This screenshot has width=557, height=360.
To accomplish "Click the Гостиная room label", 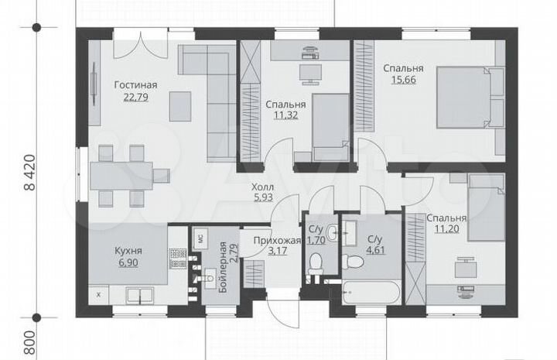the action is click(x=135, y=85).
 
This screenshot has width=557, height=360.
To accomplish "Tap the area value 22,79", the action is click(x=135, y=97).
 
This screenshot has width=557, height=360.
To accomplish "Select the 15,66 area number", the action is click(x=404, y=80).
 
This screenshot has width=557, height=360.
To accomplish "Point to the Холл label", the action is click(x=262, y=187).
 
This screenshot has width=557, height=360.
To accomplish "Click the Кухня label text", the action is click(x=128, y=251).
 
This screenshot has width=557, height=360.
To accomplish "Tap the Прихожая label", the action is click(x=277, y=241).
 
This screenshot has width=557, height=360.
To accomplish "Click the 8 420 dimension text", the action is click(x=30, y=173).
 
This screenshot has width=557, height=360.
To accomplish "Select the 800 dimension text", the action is click(x=30, y=343).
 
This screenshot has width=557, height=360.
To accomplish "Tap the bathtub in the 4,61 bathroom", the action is click(x=371, y=292).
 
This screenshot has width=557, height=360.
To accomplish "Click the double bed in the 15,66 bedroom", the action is click(x=470, y=97).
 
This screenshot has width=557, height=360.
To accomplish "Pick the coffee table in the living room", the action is click(x=180, y=106).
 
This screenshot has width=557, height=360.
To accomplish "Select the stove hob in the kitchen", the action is click(x=178, y=259).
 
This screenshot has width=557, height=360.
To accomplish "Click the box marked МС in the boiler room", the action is click(x=200, y=238).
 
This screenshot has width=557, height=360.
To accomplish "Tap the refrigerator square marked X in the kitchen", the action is click(x=99, y=295).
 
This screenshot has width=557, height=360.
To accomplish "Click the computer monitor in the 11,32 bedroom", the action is click(x=310, y=74).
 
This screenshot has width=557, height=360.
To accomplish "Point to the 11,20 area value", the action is click(x=447, y=229).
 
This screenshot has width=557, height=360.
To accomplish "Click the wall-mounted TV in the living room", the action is click(x=94, y=84).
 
